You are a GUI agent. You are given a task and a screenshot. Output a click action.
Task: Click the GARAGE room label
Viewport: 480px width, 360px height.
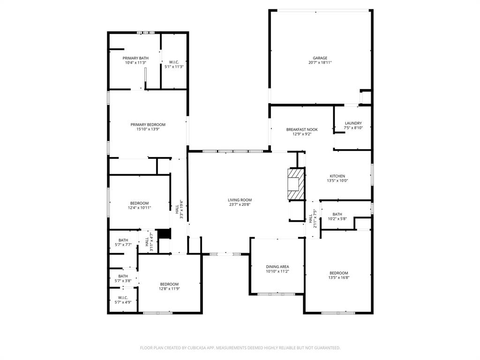[320, 58]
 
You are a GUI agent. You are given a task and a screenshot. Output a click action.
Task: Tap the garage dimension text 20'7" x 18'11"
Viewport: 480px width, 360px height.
[320, 63]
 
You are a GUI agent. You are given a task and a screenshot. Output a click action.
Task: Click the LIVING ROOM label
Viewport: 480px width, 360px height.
[240, 200]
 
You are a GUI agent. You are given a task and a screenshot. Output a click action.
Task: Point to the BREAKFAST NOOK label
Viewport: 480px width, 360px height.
[302, 129]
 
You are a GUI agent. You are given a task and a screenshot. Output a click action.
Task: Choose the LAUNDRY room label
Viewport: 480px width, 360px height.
[353, 123]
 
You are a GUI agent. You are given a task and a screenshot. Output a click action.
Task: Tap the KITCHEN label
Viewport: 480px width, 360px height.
[337, 176]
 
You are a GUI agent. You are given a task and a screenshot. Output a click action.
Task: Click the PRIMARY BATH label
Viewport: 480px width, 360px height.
[135, 58]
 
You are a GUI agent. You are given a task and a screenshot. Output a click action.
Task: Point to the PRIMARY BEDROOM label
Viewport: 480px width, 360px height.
[148, 125]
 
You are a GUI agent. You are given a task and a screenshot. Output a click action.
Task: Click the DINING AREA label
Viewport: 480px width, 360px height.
[277, 267]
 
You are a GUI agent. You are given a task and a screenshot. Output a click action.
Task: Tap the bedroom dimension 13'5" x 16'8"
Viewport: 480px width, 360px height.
[338, 277]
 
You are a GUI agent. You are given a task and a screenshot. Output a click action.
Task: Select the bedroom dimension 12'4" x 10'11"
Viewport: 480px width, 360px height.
[139, 208]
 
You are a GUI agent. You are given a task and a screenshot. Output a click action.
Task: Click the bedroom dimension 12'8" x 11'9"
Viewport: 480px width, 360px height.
[169, 289]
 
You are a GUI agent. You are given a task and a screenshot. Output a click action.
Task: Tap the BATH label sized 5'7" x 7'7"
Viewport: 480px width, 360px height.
[123, 240]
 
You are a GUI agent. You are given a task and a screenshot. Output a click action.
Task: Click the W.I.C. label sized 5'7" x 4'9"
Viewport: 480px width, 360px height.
[123, 298]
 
